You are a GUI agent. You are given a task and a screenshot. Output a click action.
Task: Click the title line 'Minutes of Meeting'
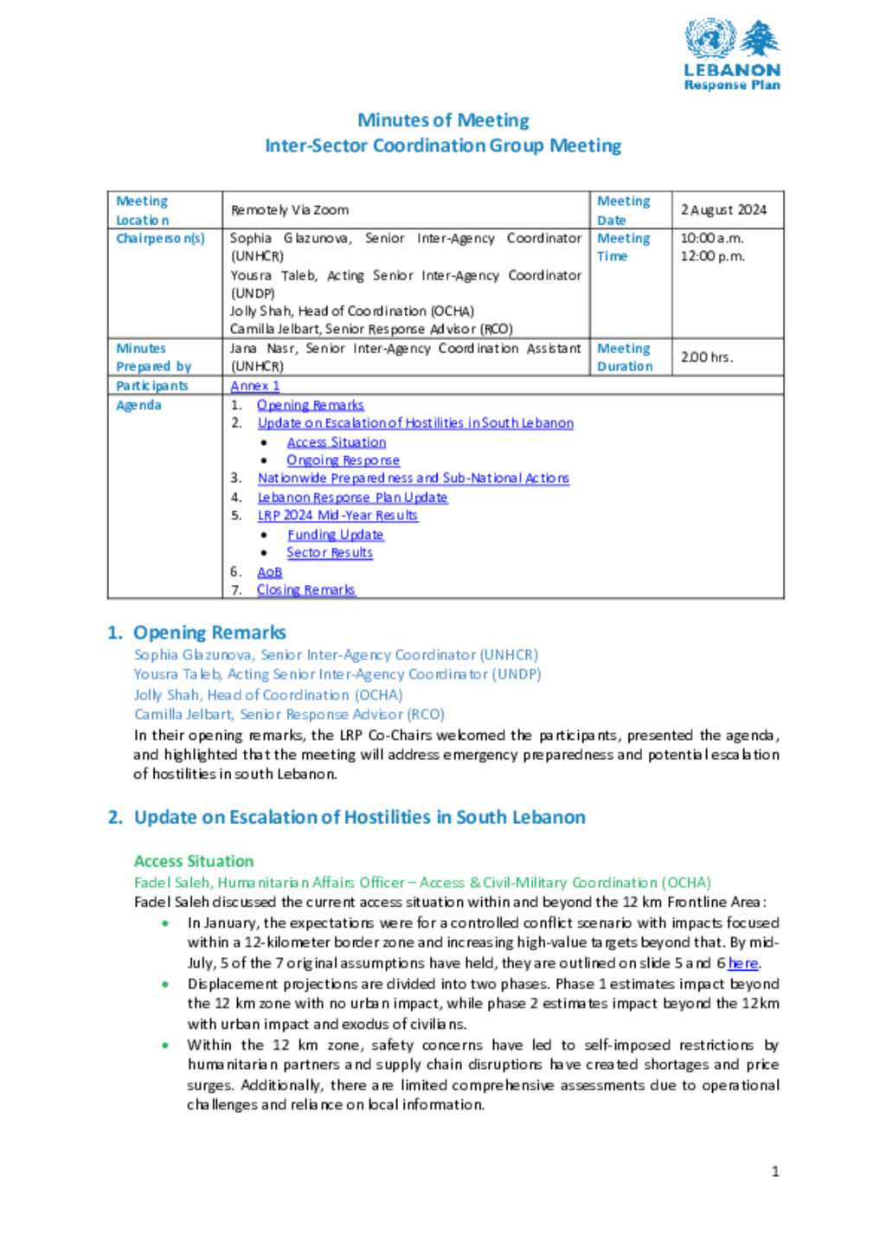pos(443,120)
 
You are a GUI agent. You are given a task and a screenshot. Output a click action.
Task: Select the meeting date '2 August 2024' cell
pos(723,209)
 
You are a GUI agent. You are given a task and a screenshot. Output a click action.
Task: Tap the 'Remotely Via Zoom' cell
pos(290,209)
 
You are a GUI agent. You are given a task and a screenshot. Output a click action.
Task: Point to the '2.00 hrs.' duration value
pos(706,357)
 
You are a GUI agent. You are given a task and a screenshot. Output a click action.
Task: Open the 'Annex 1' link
pos(255,386)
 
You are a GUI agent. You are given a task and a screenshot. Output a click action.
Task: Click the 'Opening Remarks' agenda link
pos(310,405)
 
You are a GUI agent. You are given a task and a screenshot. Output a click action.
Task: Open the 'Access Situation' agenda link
pos(337,442)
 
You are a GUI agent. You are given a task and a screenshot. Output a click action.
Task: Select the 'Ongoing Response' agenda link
pos(343,460)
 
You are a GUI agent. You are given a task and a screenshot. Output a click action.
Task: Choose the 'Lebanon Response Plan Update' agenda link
pos(352,498)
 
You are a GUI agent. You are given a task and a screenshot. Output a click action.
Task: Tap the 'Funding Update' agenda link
pos(335,535)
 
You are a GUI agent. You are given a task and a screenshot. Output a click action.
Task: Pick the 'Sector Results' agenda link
pos(330,553)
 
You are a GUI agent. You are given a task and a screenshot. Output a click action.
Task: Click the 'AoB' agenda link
pos(269,572)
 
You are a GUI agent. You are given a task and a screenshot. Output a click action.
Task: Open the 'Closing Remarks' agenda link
pos(305,590)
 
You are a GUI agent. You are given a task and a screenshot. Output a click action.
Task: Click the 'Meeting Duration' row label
pos(624,357)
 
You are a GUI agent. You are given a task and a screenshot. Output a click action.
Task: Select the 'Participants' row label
pos(152,386)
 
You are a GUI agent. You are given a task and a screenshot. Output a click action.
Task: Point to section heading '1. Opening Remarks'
pos(196,633)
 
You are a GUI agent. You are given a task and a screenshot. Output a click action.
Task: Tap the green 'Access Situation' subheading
pos(194,861)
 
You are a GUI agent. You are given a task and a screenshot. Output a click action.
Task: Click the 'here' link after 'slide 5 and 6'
pos(743,963)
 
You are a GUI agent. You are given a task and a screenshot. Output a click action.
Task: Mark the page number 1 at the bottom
pos(775,1172)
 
